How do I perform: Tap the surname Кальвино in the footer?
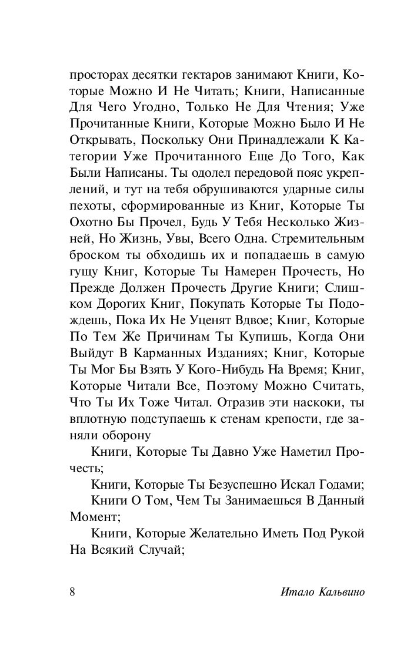pos(336,591)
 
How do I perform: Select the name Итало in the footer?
pos(291,591)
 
